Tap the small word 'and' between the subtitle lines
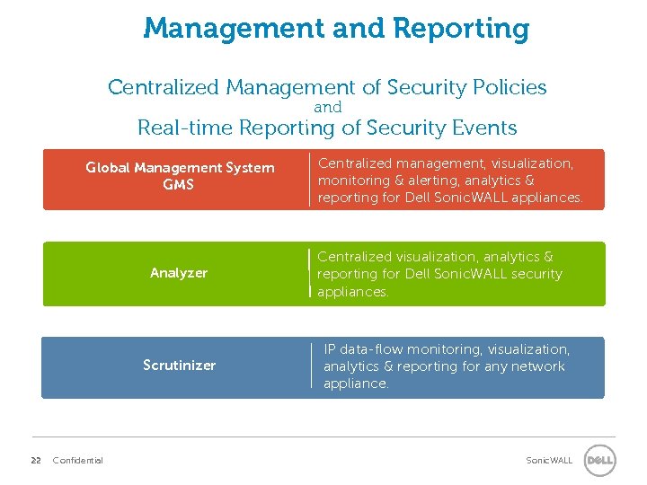[327, 107]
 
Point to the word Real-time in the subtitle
[188, 128]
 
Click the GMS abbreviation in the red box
[178, 185]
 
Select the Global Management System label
[180, 168]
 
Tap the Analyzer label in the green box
[179, 273]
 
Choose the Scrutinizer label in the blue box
[179, 366]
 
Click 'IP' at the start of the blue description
[330, 349]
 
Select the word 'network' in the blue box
[539, 366]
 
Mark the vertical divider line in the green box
[308, 273]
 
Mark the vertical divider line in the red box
[309, 180]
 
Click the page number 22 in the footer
[36, 461]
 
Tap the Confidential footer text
[78, 461]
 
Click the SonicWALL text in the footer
[549, 461]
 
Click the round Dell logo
[599, 461]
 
